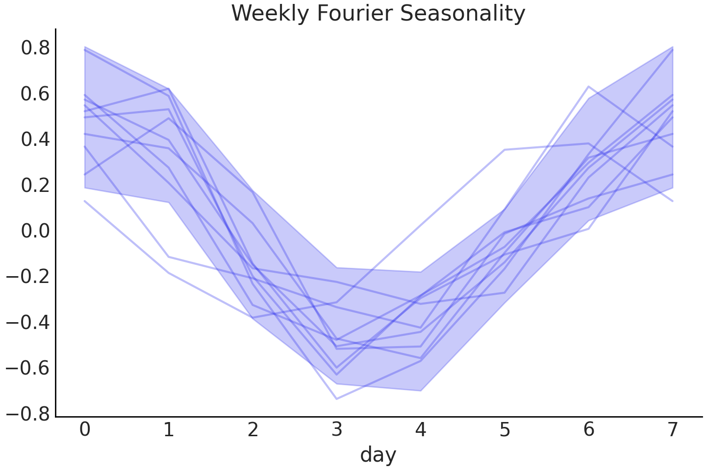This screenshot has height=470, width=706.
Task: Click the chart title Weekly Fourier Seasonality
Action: tap(378, 13)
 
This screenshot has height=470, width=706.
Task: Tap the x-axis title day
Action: tap(378, 454)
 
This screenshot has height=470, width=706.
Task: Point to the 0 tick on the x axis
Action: tap(85, 429)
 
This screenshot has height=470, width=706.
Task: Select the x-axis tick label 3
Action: tap(337, 429)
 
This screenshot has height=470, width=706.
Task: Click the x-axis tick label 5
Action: tap(505, 429)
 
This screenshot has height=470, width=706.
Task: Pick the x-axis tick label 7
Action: tap(673, 429)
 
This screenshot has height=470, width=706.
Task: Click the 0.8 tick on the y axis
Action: tap(35, 48)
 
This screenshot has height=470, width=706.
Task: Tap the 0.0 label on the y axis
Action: tap(35, 231)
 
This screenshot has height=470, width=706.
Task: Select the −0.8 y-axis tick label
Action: tap(27, 414)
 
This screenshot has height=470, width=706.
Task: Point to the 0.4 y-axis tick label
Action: tap(35, 140)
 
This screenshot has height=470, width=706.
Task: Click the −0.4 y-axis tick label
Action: tap(27, 322)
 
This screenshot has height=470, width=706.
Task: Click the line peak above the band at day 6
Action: tap(588, 87)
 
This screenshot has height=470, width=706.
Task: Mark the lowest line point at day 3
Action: tap(337, 399)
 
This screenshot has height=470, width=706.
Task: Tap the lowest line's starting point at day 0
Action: tap(85, 201)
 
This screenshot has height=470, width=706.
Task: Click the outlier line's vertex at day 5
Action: tap(505, 149)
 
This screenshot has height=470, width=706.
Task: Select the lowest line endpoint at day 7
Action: tap(673, 201)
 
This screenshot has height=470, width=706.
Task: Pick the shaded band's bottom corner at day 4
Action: tap(421, 390)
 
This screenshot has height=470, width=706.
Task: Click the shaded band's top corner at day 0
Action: tap(85, 47)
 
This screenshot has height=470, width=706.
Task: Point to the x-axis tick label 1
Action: tap(169, 429)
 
